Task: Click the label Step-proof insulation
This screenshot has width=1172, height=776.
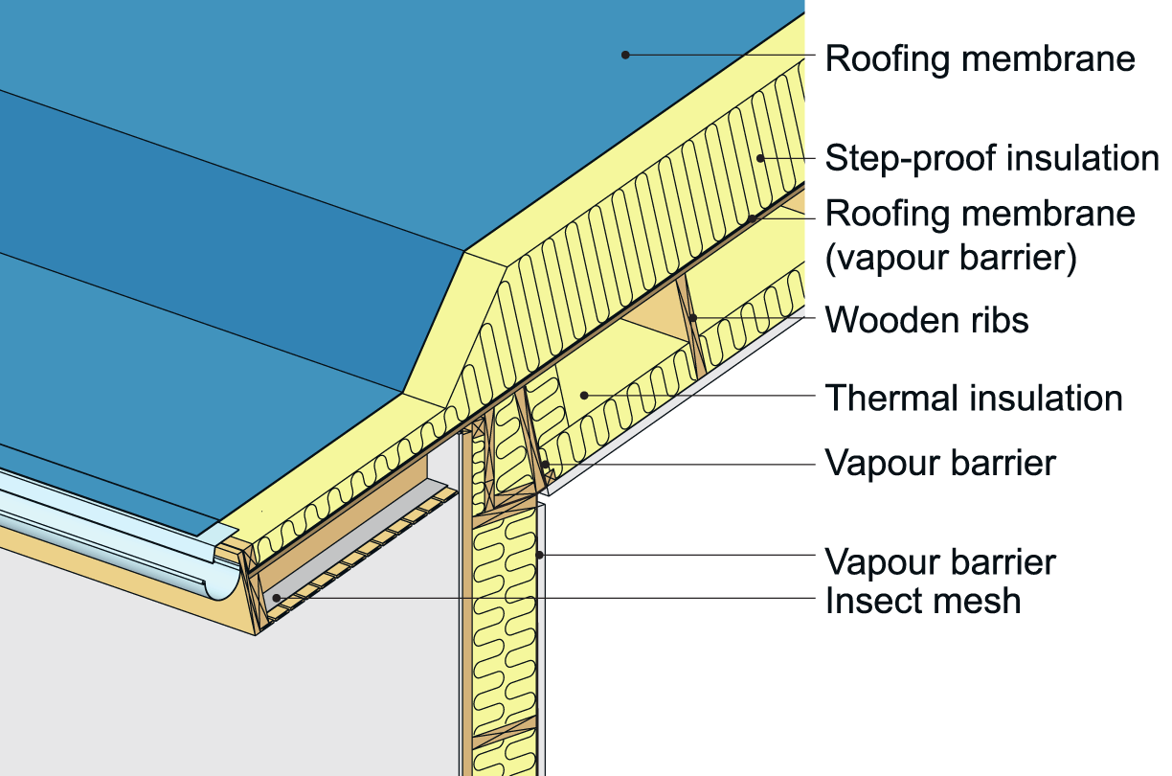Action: pos(992,158)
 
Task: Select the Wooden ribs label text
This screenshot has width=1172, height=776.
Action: pos(927,319)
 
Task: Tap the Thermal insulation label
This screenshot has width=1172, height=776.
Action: pos(974,397)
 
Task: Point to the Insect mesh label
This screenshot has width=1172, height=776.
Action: pos(923,601)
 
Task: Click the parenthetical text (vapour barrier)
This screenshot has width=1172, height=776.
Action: pos(951,259)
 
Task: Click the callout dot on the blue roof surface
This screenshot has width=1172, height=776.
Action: pos(625,55)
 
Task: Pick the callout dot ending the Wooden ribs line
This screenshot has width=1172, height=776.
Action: pos(691,318)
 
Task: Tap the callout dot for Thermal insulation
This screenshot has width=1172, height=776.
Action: pos(584,395)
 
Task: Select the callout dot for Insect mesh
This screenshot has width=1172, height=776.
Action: pos(277,598)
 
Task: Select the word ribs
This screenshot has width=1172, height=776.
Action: pos(1000,319)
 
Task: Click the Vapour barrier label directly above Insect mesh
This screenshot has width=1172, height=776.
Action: pos(940,561)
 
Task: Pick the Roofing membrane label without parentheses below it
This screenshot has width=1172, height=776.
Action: pos(980,58)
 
